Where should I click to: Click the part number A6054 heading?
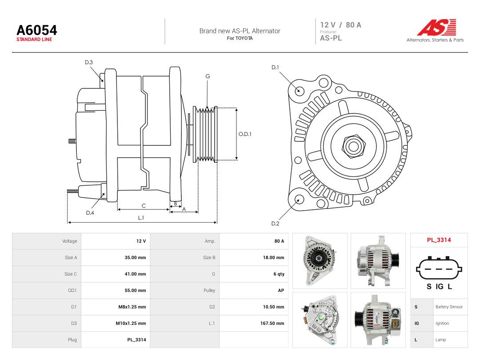tap(37, 30)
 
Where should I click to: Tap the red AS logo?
tap(437, 28)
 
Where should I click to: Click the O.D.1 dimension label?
tap(245, 134)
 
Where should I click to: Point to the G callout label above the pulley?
tap(208, 76)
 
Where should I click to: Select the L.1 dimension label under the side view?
tap(141, 218)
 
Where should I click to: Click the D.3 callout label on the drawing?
tap(89, 63)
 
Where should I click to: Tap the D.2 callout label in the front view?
tap(275, 224)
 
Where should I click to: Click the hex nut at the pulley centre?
tap(353, 146)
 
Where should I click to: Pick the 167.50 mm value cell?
tap(272, 323)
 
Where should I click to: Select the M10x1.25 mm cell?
tap(131, 323)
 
